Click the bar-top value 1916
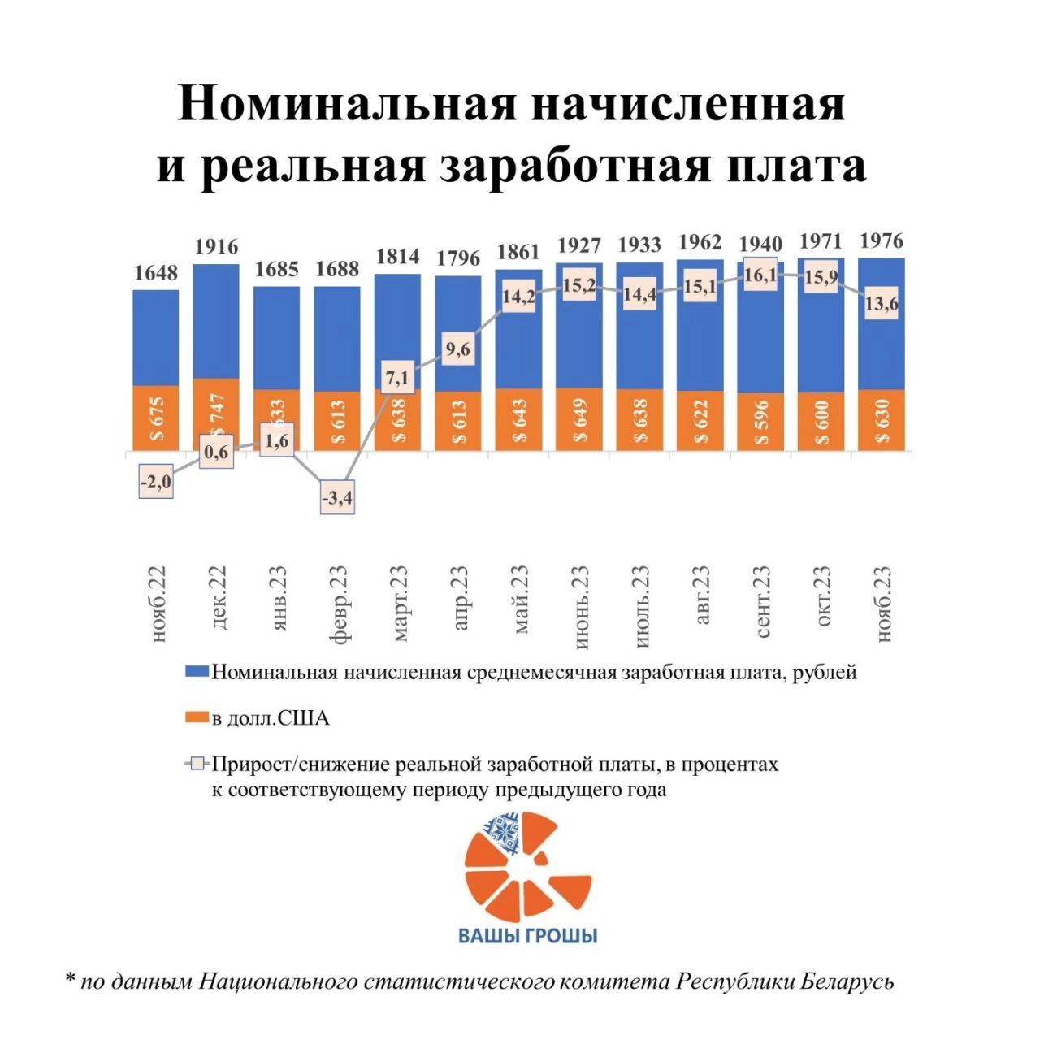[x=216, y=247]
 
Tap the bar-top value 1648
[x=156, y=273]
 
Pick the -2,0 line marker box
[x=156, y=483]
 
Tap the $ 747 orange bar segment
[x=216, y=414]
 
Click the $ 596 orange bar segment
[x=760, y=422]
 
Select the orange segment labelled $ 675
[x=156, y=418]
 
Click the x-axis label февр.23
[x=338, y=604]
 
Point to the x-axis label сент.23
[x=761, y=600]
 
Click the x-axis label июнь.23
[x=580, y=606]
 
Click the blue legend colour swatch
[x=197, y=673]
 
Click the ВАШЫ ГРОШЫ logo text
[x=528, y=935]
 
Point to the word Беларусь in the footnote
[x=847, y=981]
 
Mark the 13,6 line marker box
[x=882, y=305]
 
